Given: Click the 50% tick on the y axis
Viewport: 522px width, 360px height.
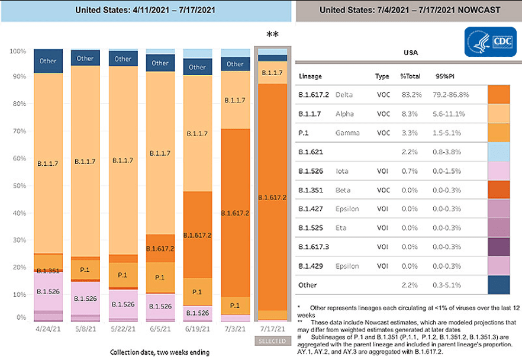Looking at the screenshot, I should click(20, 186).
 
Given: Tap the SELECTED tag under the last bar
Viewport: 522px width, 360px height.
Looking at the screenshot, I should click(271, 340).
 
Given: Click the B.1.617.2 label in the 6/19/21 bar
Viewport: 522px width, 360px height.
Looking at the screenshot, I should click(198, 235).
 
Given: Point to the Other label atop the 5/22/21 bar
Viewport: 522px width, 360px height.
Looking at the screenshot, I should click(123, 59).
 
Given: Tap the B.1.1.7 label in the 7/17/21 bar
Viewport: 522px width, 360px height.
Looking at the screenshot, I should click(272, 72).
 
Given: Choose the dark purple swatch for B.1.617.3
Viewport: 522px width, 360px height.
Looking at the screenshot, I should click(499, 245).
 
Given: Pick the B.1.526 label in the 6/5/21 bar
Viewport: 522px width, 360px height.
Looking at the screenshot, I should click(160, 306).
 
